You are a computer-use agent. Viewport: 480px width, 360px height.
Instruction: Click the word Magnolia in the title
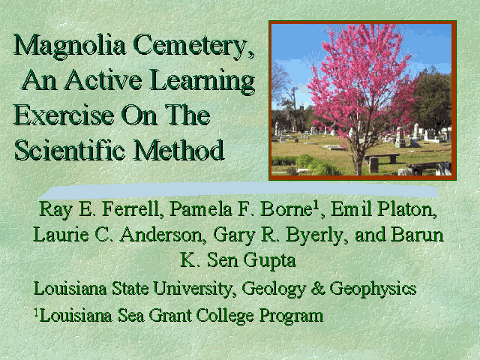click(x=70, y=46)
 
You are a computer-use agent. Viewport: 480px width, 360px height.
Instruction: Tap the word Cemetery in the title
click(x=193, y=46)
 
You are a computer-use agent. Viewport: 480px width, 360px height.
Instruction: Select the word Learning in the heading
click(x=202, y=81)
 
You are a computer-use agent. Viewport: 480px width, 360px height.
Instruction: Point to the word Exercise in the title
click(x=64, y=115)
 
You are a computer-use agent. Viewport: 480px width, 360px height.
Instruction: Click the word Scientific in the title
click(x=70, y=150)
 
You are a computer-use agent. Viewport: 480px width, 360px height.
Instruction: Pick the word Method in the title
click(x=178, y=150)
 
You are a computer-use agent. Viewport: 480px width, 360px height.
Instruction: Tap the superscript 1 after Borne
click(x=316, y=205)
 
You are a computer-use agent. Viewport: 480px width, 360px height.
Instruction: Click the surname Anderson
click(x=161, y=235)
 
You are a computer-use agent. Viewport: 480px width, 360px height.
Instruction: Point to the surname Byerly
click(x=317, y=235)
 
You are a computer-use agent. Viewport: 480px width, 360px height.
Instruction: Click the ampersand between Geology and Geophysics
click(x=317, y=288)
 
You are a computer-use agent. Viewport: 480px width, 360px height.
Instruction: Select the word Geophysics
click(x=373, y=289)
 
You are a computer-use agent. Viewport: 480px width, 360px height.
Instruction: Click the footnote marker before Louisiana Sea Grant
click(x=37, y=312)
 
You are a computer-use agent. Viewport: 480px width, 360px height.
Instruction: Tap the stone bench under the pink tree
click(x=382, y=160)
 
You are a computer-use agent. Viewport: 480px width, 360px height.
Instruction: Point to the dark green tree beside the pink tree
click(x=433, y=98)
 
